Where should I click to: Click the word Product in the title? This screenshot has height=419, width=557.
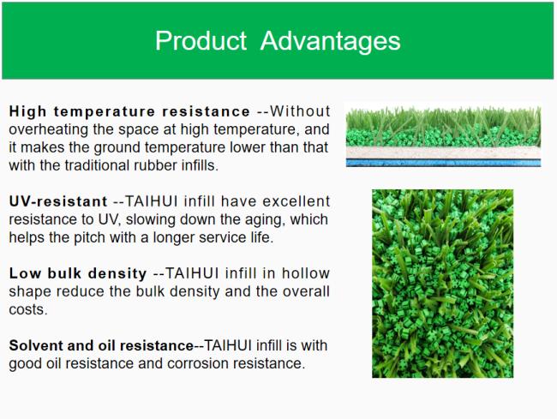pyautogui.click(x=201, y=40)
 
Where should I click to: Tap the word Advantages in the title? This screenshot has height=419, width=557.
pyautogui.click(x=331, y=42)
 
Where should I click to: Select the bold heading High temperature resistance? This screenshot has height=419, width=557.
pyautogui.click(x=129, y=111)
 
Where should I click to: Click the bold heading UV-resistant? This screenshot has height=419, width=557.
pyautogui.click(x=58, y=201)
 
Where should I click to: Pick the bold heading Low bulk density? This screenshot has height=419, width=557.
pyautogui.click(x=78, y=273)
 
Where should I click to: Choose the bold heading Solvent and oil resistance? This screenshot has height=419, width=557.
pyautogui.click(x=101, y=345)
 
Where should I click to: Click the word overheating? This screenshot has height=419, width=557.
pyautogui.click(x=48, y=129)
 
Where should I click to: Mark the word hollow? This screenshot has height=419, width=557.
pyautogui.click(x=306, y=273)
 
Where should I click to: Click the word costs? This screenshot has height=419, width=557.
pyautogui.click(x=28, y=309)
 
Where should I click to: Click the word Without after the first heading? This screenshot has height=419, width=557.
pyautogui.click(x=300, y=111)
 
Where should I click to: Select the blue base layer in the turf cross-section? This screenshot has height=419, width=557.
pyautogui.click(x=443, y=163)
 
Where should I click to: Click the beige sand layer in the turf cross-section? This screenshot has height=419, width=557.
pyautogui.click(x=443, y=153)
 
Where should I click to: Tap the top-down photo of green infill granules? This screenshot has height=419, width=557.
pyautogui.click(x=443, y=284)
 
